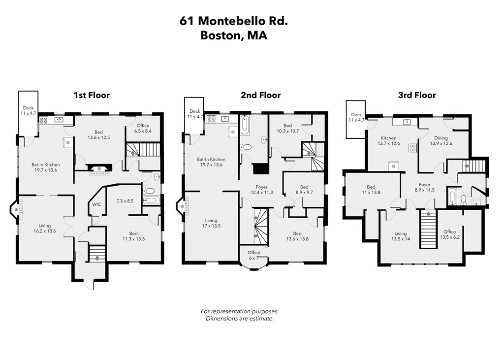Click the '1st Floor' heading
tap(92, 95)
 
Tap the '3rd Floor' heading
tap(416, 95)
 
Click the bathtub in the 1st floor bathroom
tap(151, 200)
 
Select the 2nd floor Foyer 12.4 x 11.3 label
tap(261, 190)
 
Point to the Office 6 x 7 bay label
tap(253, 255)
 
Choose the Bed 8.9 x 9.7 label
tap(304, 190)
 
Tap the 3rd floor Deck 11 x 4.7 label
tap(356, 117)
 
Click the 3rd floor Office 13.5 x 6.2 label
tap(449, 234)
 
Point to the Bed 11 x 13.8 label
tap(372, 190)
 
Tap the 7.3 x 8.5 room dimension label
tap(125, 201)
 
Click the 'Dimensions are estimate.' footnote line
tap(239, 319)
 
